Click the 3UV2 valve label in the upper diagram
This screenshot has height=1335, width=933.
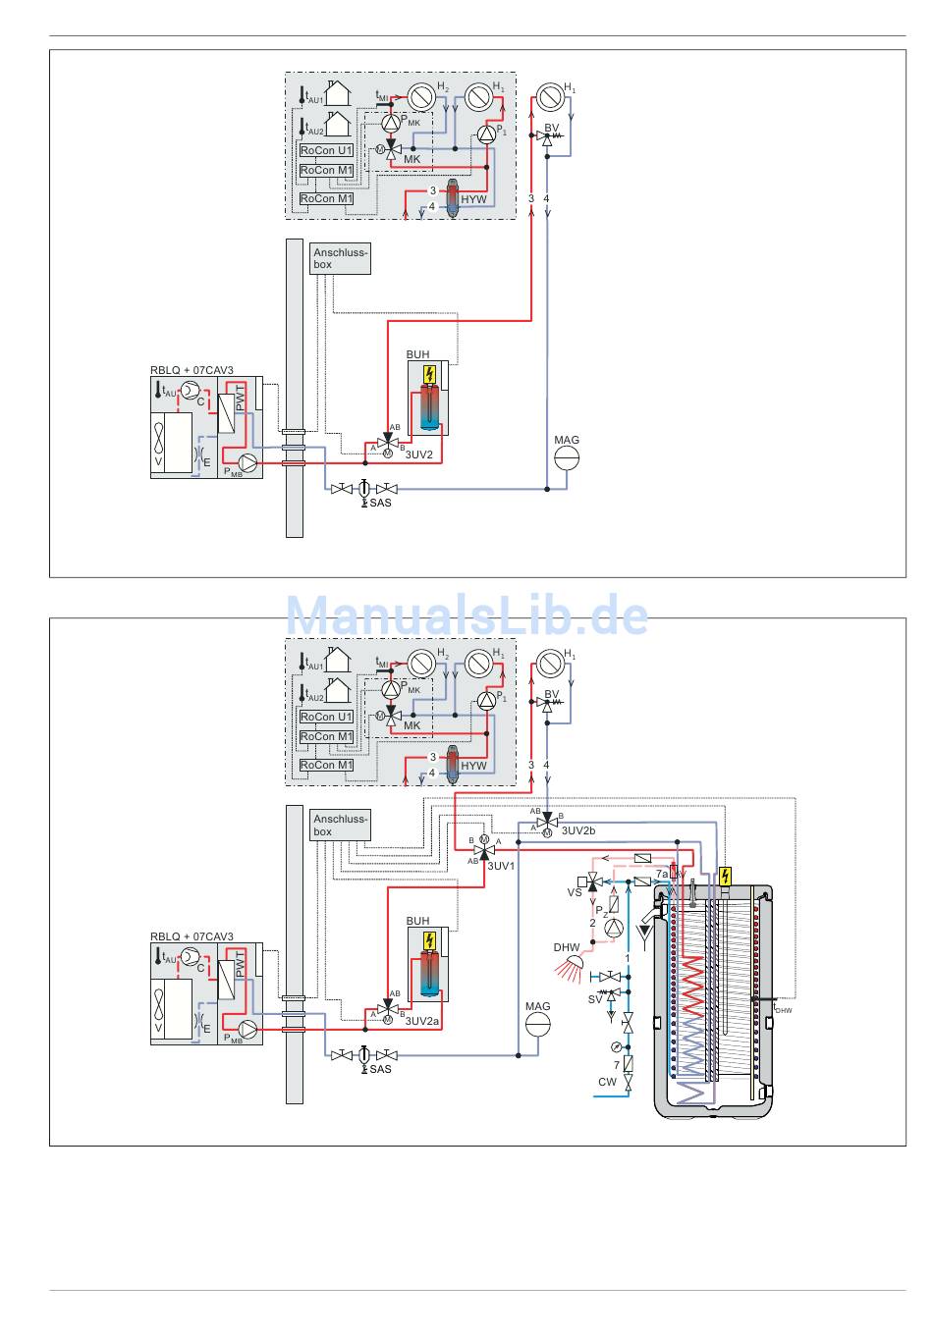(x=419, y=454)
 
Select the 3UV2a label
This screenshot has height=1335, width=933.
(x=422, y=1021)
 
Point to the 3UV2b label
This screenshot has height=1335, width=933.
(x=578, y=830)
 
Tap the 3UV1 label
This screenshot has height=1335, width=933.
(x=501, y=866)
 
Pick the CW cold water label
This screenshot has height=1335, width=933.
(x=608, y=1082)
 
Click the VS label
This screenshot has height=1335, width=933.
(x=575, y=892)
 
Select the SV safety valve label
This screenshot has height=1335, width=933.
(x=595, y=999)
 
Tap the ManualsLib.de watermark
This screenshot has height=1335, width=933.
(x=466, y=616)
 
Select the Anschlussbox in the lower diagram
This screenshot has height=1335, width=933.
(x=340, y=826)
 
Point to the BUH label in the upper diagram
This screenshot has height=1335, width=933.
(x=417, y=354)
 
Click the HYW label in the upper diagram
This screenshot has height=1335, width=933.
(x=473, y=199)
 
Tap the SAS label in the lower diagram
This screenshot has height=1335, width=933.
(x=380, y=1069)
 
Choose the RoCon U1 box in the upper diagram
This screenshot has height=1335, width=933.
(x=326, y=150)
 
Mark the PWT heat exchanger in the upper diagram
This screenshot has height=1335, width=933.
(x=233, y=409)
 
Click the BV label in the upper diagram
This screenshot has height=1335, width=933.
(x=551, y=129)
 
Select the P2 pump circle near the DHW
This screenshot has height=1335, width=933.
(x=614, y=927)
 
